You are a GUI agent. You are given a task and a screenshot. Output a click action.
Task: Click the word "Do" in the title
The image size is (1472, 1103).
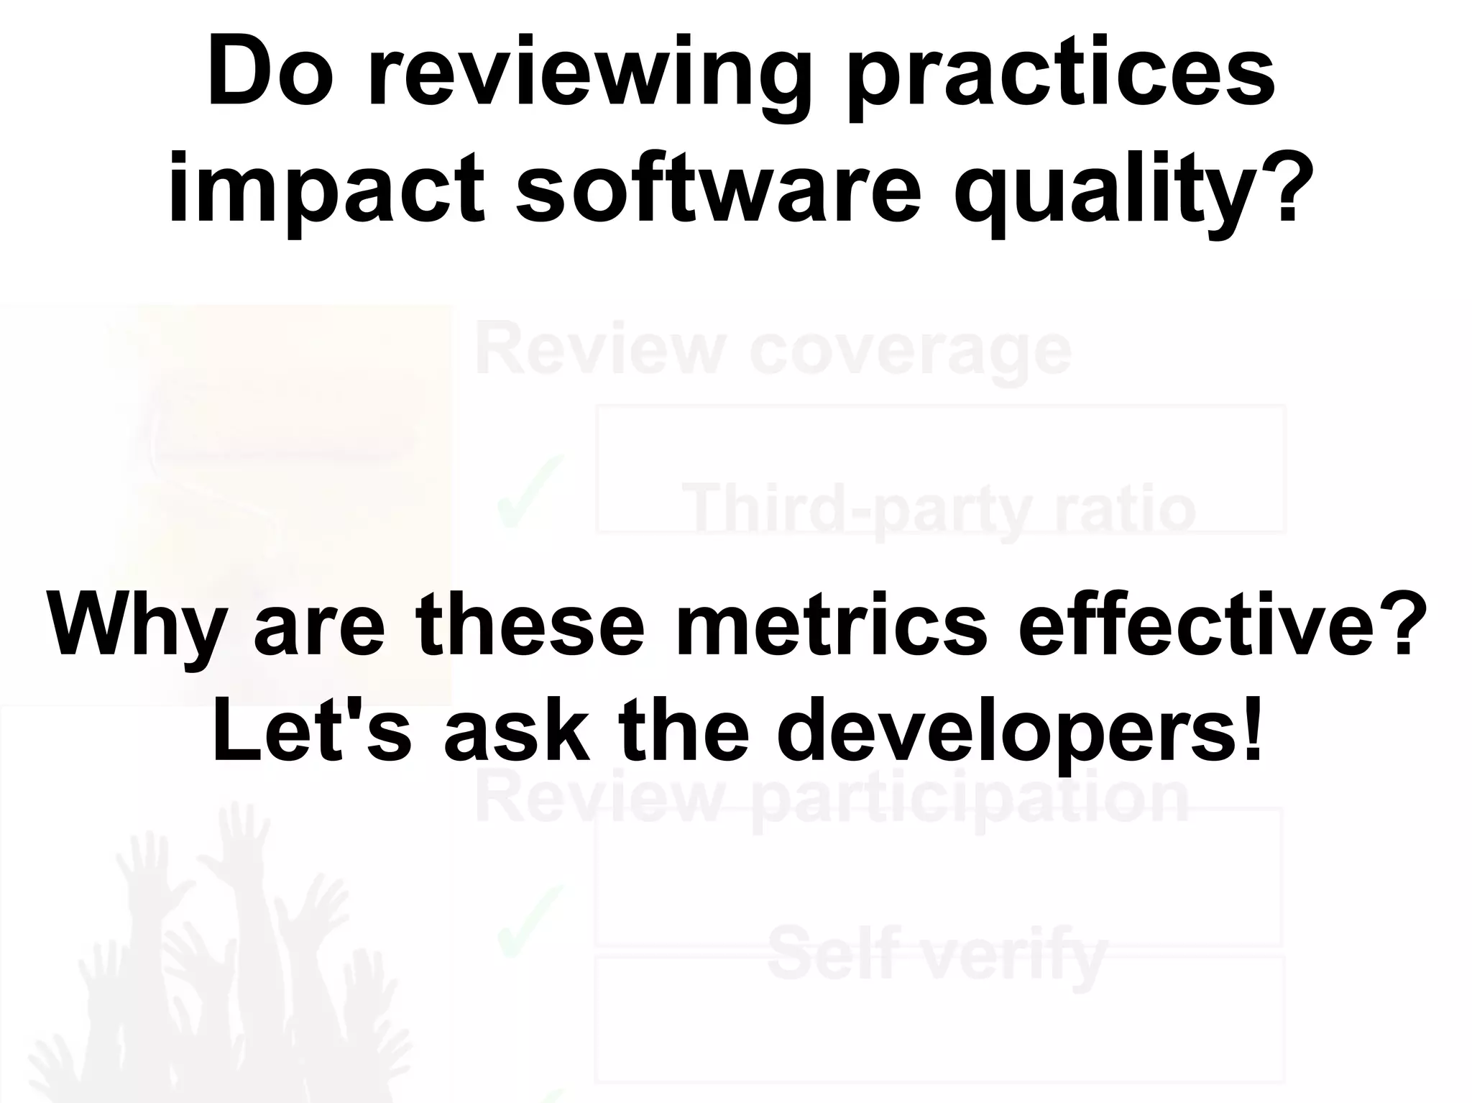coord(269,75)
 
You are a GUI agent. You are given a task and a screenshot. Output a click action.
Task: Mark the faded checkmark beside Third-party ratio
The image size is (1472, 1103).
coord(528,493)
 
